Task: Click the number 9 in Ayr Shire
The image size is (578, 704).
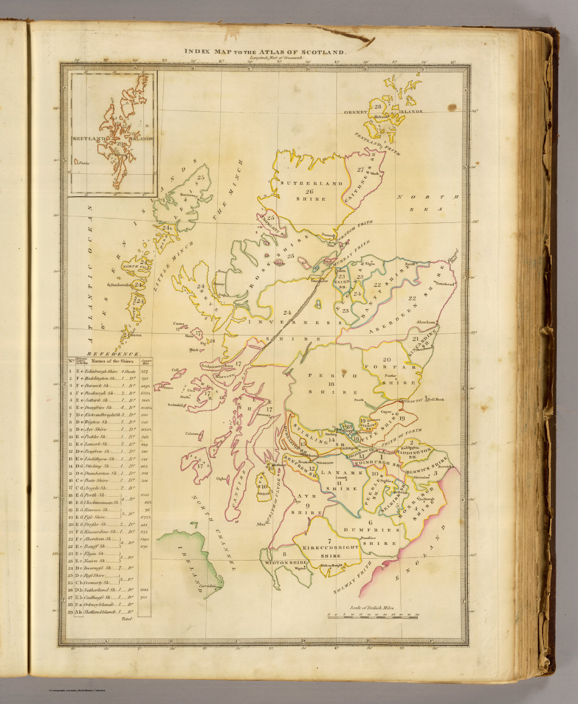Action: coord(305,505)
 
